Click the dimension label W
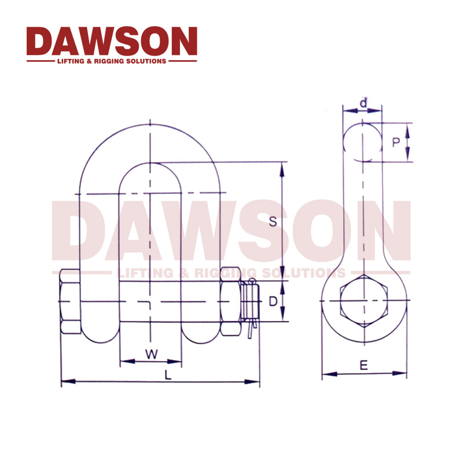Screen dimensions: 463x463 coord(150,354)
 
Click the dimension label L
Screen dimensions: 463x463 coord(167,374)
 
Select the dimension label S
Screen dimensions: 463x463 coord(273,221)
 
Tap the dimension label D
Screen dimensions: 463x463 coord(273,302)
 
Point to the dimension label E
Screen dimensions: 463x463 coord(363,365)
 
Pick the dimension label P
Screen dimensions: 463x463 coord(396,142)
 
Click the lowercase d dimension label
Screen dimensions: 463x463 coord(363,103)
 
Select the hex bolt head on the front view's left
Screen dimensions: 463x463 coord(70,302)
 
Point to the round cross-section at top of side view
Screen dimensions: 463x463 coord(362,142)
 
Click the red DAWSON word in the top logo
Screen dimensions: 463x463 coord(112,41)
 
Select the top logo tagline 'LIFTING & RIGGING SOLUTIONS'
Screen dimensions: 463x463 coord(112,61)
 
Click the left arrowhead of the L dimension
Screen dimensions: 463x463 coord(64,381)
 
